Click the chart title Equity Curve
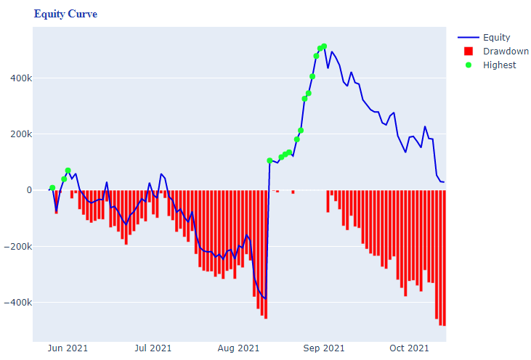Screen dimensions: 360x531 (x=65, y=15)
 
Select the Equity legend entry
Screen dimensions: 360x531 (x=496, y=38)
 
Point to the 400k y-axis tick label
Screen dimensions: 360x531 (x=17, y=78)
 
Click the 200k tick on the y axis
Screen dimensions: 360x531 (x=17, y=134)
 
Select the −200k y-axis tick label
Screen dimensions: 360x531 (x=15, y=246)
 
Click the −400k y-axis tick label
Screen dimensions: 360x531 (x=15, y=302)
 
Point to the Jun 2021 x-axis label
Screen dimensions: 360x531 (x=67, y=349)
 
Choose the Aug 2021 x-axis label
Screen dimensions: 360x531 (x=238, y=349)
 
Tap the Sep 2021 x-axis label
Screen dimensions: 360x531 (x=324, y=349)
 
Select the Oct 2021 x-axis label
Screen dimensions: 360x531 (x=408, y=349)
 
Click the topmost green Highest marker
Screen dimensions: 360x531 (x=324, y=46)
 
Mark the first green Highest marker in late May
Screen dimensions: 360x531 (x=52, y=188)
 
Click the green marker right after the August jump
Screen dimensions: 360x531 (x=269, y=160)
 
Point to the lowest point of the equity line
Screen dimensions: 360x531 (x=266, y=298)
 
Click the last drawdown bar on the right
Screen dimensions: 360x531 (x=444, y=258)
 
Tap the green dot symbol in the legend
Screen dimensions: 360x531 (x=469, y=65)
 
